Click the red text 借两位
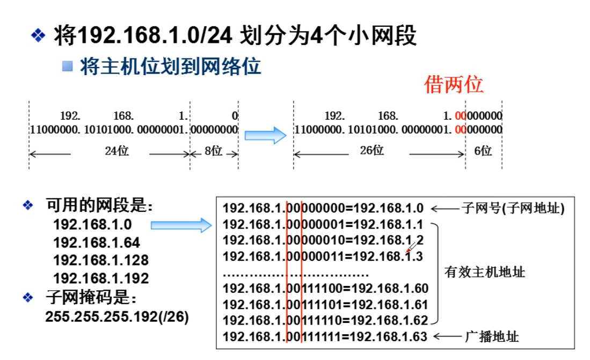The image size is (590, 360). click(x=454, y=84)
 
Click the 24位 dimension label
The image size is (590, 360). click(x=116, y=151)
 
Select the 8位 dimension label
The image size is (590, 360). click(x=213, y=151)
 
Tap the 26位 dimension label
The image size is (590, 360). click(x=371, y=150)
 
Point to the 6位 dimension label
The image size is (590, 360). click(x=483, y=151)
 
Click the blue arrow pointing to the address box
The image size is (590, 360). click(x=181, y=225)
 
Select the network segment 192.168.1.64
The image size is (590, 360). click(x=97, y=242)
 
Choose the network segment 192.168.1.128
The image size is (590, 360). click(x=101, y=260)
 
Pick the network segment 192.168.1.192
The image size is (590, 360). click(x=101, y=278)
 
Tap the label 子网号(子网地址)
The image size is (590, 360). click(x=513, y=208)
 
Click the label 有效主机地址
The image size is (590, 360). click(x=485, y=272)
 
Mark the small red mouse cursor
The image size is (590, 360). click(x=411, y=247)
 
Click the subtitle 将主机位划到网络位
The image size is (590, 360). click(x=171, y=67)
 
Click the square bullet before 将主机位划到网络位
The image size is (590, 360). click(x=67, y=67)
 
